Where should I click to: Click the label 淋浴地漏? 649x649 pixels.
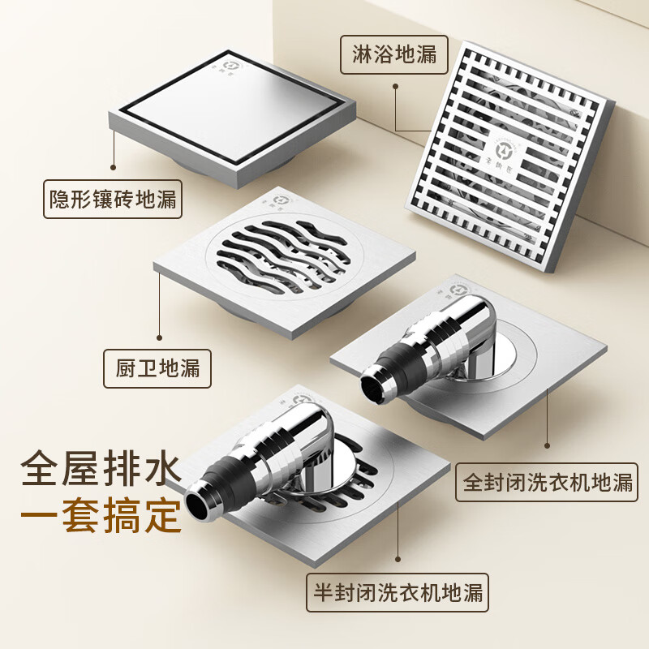pyautogui.click(x=394, y=54)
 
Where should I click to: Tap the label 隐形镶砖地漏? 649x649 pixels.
pyautogui.click(x=113, y=198)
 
